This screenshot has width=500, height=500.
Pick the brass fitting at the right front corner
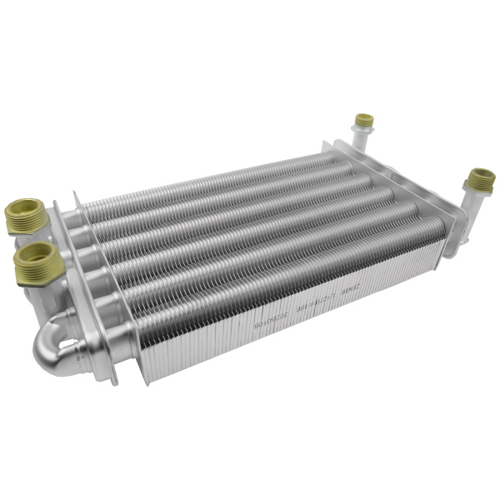click(480, 178)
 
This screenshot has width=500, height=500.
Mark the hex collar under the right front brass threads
click(477, 191)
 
